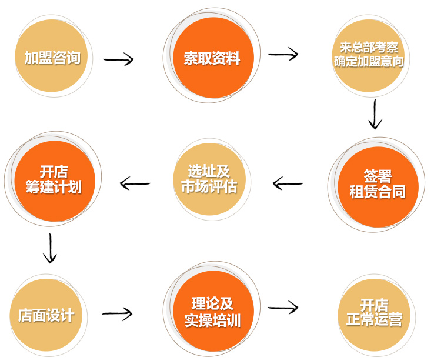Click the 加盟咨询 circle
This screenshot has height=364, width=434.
(x=52, y=57)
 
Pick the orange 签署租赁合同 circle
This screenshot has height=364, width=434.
(x=376, y=185)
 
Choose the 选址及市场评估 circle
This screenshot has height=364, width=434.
(x=209, y=179)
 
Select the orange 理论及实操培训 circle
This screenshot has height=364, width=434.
(x=212, y=313)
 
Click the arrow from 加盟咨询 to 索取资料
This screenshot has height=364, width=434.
(x=118, y=59)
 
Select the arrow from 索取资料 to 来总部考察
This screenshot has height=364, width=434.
(x=283, y=54)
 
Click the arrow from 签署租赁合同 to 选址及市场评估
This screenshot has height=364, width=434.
(x=288, y=184)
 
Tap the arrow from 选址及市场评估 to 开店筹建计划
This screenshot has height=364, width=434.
(x=135, y=184)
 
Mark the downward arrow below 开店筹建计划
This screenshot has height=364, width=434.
(x=51, y=248)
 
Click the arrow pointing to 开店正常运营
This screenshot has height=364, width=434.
(x=283, y=307)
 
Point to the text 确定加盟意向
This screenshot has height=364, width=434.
(x=369, y=62)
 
